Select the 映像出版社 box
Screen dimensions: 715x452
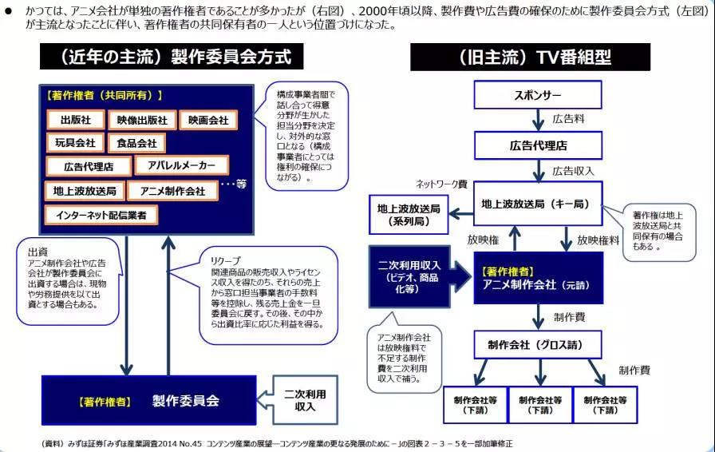[x=142, y=120]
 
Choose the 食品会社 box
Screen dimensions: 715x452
[x=137, y=143]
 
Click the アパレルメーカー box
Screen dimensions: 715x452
[x=182, y=165]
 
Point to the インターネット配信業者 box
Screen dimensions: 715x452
[x=101, y=215]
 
